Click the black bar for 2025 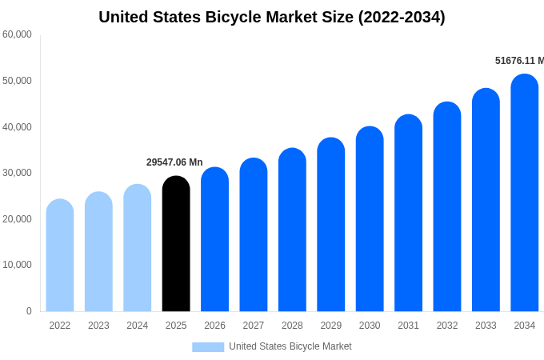click(x=176, y=244)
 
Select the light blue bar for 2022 click(x=60, y=256)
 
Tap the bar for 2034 click(x=525, y=193)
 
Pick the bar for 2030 click(x=370, y=219)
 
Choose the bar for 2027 click(x=254, y=235)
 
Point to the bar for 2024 click(x=138, y=248)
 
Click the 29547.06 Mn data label click(x=174, y=162)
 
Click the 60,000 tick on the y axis click(x=18, y=34)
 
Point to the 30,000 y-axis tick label click(x=18, y=173)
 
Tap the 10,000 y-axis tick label click(x=18, y=265)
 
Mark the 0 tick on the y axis click(x=29, y=311)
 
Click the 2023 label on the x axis click(x=98, y=326)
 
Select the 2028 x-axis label click(x=292, y=326)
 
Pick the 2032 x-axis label click(x=447, y=326)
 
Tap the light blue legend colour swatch click(x=208, y=347)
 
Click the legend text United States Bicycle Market click(x=290, y=346)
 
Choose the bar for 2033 click(x=486, y=200)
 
